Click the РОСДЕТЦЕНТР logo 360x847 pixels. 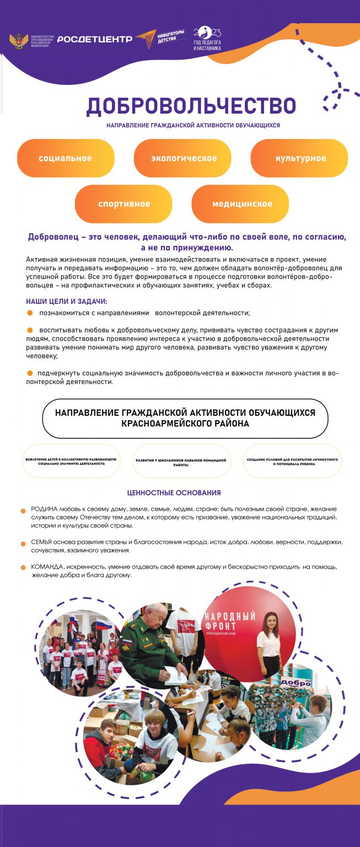coord(95,39)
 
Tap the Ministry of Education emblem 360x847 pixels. coord(18,41)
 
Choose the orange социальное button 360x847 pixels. coord(65,158)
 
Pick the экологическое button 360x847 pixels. coord(184,158)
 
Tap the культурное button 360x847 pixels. coord(300,158)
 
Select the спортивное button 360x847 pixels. coord(124,204)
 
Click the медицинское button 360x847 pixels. coord(242,204)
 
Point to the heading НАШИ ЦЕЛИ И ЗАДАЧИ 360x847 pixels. coord(67,302)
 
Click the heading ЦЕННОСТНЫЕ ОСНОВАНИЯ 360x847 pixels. coord(174,492)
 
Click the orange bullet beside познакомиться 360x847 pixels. coord(30,313)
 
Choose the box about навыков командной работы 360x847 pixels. coord(181,462)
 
